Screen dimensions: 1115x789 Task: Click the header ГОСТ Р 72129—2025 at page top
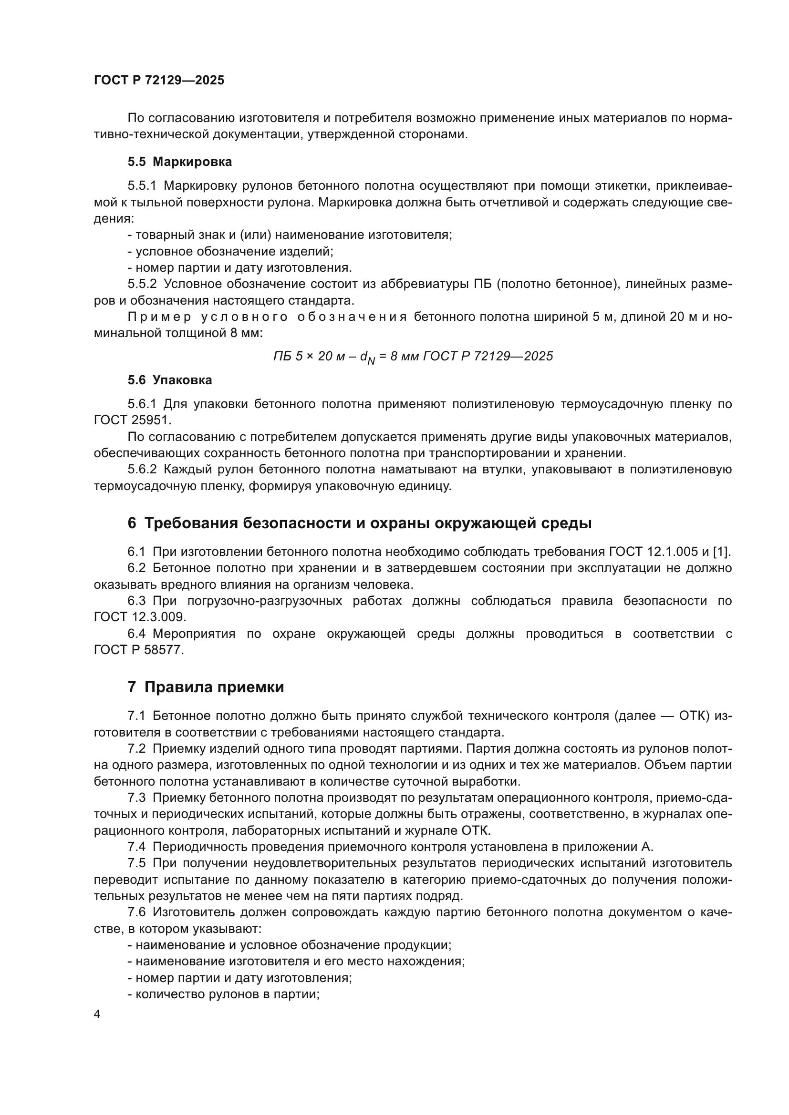(159, 80)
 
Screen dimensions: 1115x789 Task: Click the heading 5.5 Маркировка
(180, 162)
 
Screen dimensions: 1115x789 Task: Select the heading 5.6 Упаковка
(169, 380)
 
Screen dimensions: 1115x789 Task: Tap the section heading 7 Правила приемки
(206, 687)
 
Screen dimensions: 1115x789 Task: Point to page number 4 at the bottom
(97, 1014)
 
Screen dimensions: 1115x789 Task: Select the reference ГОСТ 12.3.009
(139, 617)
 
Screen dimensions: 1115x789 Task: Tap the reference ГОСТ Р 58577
(138, 650)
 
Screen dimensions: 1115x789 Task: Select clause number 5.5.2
(142, 284)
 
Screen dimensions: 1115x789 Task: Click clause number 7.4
(136, 847)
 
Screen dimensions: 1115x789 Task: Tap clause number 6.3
(136, 601)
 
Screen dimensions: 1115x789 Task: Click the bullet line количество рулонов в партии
(223, 994)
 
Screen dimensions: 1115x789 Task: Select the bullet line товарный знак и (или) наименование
(290, 235)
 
